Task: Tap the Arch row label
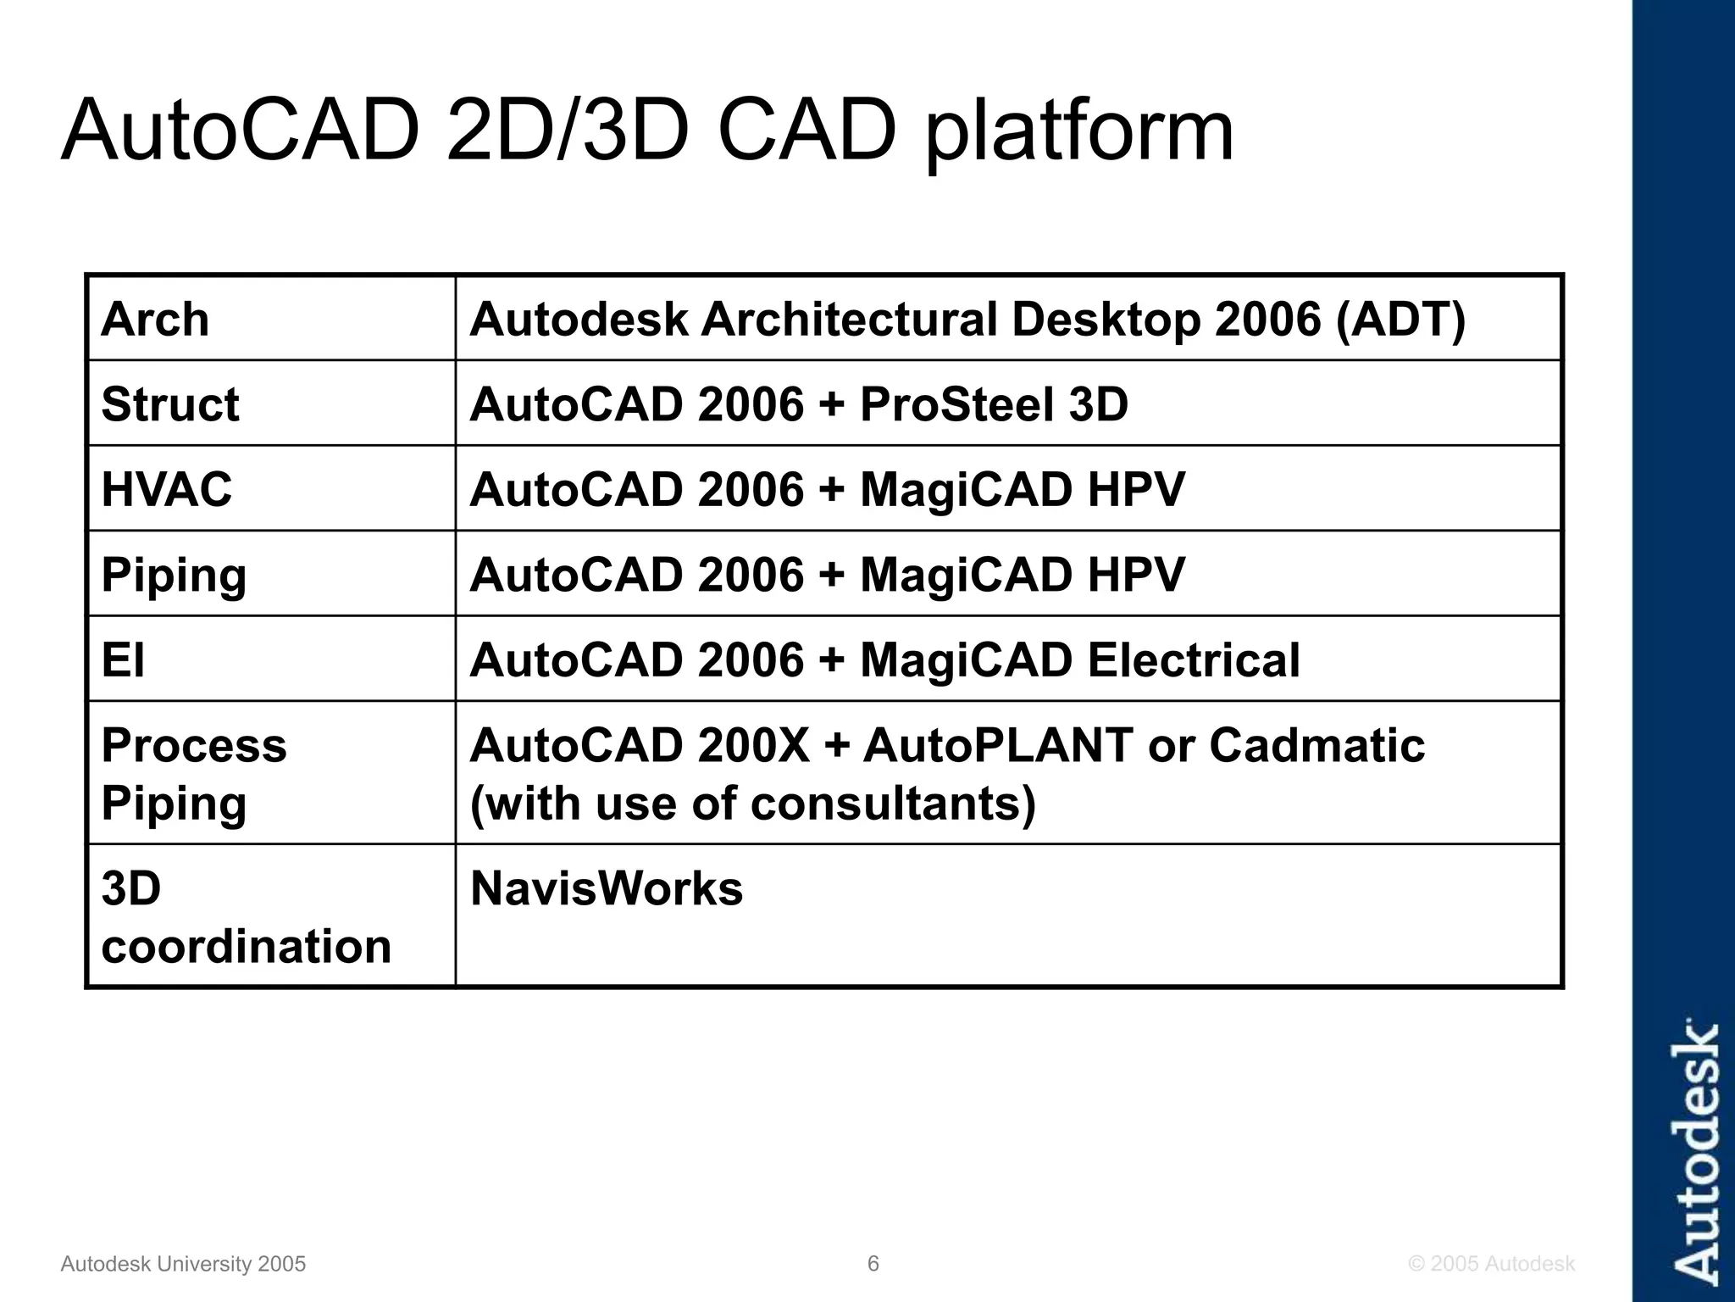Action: click(x=154, y=320)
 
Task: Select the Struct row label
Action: click(x=169, y=404)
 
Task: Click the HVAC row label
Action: click(x=166, y=490)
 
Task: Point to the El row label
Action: click(x=123, y=660)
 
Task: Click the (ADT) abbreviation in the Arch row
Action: click(x=1400, y=320)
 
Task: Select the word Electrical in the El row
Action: click(x=1193, y=660)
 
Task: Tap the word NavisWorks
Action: click(x=606, y=889)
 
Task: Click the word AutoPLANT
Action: click(x=998, y=746)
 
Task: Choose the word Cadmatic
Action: click(x=1316, y=746)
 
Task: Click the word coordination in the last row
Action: click(x=246, y=946)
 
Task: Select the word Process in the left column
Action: click(x=194, y=746)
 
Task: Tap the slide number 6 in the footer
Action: click(x=873, y=1264)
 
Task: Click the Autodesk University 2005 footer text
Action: click(x=183, y=1264)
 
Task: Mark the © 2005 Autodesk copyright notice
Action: click(x=1491, y=1264)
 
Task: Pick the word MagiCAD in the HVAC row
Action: click(x=967, y=490)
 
